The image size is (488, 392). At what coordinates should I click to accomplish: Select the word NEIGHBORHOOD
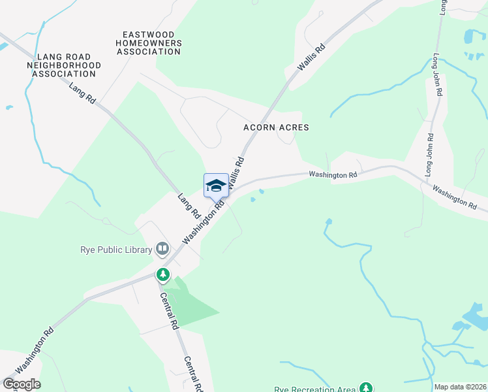click(x=64, y=65)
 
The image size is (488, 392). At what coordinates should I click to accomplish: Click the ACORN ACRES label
click(x=276, y=127)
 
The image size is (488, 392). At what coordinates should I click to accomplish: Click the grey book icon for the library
click(x=162, y=248)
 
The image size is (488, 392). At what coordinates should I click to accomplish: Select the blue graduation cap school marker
click(x=216, y=186)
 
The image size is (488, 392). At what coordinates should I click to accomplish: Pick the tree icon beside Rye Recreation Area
click(x=367, y=387)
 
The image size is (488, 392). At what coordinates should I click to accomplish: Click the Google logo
click(x=21, y=384)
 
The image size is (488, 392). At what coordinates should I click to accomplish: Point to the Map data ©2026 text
click(x=460, y=387)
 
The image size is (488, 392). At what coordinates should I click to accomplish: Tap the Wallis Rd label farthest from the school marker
click(x=311, y=57)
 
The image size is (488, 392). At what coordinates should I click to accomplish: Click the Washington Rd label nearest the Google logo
click(x=35, y=355)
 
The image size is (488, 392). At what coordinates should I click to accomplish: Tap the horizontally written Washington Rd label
click(x=333, y=174)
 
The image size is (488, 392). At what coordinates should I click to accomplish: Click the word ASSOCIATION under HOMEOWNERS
click(x=149, y=52)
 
